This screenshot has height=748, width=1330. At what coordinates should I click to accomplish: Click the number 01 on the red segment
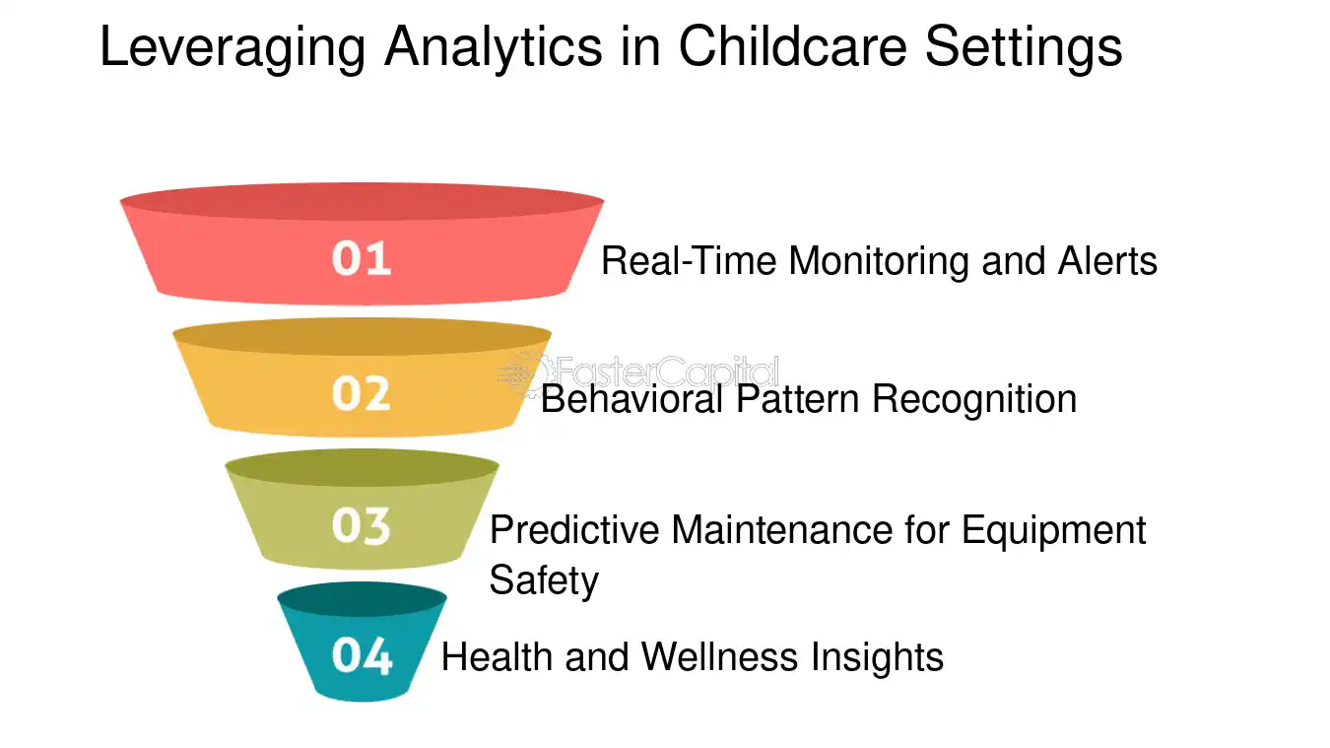[x=362, y=259]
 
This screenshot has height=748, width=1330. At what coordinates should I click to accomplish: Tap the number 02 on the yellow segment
[x=362, y=393]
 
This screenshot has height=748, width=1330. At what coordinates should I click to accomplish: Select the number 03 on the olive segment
[x=362, y=526]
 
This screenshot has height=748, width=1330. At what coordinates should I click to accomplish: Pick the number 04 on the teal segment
[x=362, y=656]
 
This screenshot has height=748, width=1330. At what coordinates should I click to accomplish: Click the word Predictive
[x=575, y=530]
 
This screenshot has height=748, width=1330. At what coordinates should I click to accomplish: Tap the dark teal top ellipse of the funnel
[x=362, y=598]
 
